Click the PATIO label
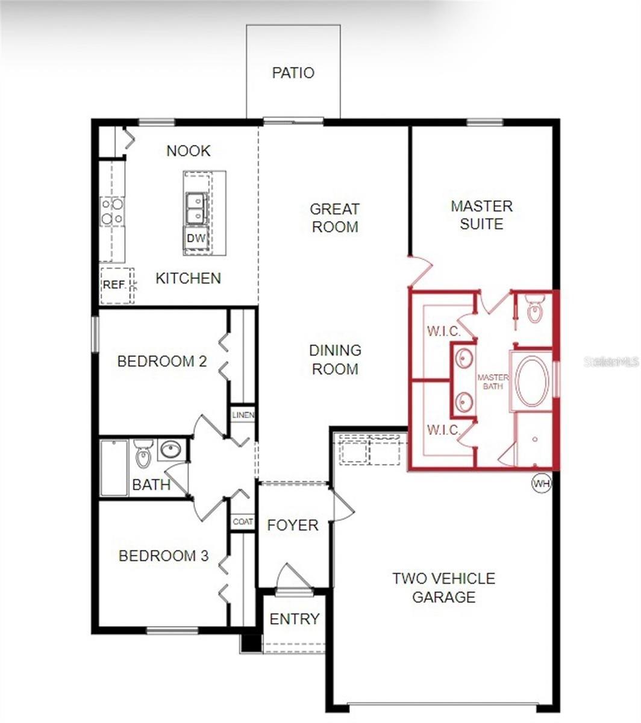click(293, 73)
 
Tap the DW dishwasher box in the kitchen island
click(196, 238)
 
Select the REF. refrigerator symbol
click(114, 284)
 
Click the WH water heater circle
click(541, 483)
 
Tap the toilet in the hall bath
click(143, 455)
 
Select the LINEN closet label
click(243, 415)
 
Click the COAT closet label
click(243, 522)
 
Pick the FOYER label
click(292, 525)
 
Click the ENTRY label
click(294, 619)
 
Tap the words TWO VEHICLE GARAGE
click(443, 587)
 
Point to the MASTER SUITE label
click(481, 215)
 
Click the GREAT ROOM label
click(334, 218)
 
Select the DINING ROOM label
click(335, 359)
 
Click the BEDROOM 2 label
click(162, 361)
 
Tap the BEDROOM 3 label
click(163, 556)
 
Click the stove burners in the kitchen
click(112, 211)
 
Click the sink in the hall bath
click(172, 449)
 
